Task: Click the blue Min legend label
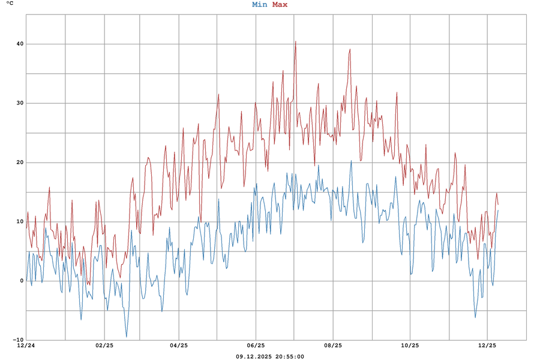tap(260, 5)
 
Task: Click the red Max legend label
tap(280, 5)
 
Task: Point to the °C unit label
tap(10, 4)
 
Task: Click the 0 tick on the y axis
tap(22, 281)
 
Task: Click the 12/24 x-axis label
tap(26, 346)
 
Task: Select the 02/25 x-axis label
tap(104, 346)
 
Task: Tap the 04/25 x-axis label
tap(179, 346)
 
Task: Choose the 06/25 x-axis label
tap(256, 346)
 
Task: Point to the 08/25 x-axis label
tap(333, 346)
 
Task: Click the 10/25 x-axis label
tap(410, 346)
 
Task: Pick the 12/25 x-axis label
tap(487, 346)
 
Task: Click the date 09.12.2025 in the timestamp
tap(254, 356)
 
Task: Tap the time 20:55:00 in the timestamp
tap(290, 356)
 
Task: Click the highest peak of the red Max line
tap(295, 41)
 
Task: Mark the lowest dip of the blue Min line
tap(126, 337)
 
